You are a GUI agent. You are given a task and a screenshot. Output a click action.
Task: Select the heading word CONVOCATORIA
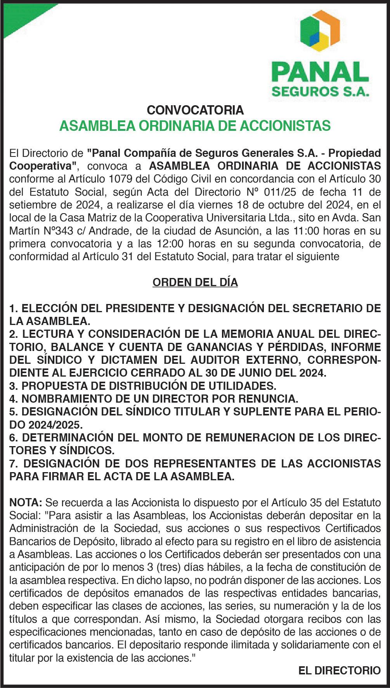[195, 110]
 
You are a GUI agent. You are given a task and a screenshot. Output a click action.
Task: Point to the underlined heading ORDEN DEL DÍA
[195, 282]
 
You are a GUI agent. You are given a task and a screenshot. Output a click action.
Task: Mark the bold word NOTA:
[26, 503]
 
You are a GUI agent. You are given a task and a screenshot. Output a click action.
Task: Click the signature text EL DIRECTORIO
[340, 670]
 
